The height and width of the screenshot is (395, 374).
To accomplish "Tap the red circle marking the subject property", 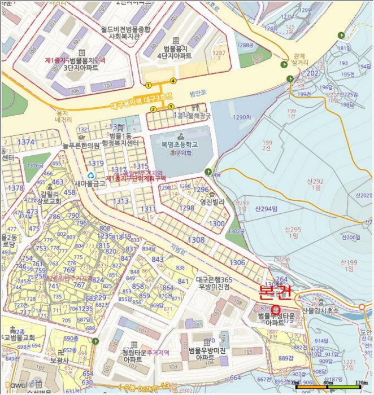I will coord(276,310).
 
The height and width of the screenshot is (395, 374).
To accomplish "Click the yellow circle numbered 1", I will coord(148,85).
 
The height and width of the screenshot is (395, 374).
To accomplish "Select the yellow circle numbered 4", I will coord(173,81).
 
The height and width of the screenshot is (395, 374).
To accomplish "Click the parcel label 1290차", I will coord(241,117).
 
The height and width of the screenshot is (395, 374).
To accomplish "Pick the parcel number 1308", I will coord(196,240).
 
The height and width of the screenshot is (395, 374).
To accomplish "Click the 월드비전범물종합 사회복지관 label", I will coord(125,32).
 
